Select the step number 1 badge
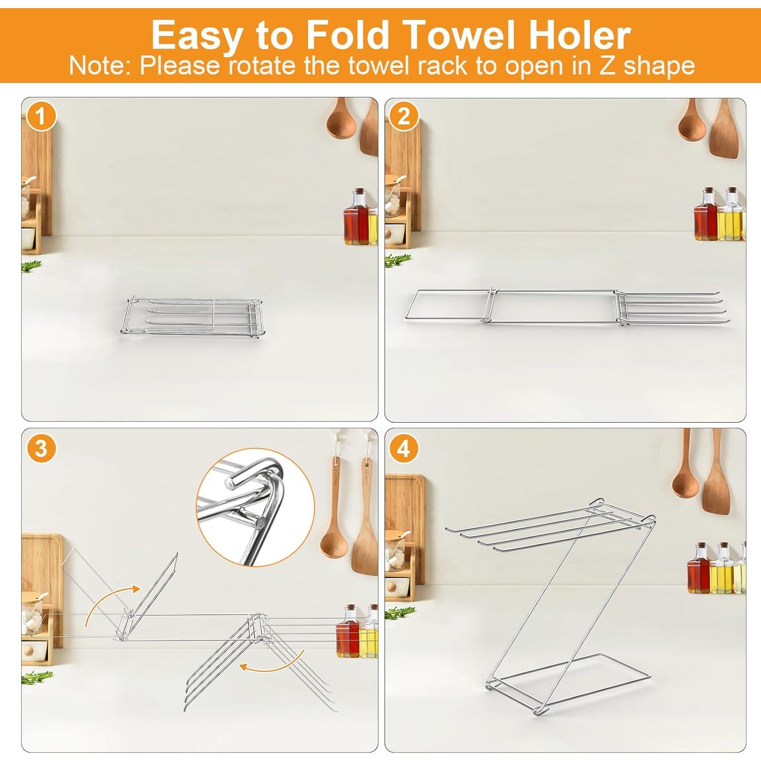(41, 117)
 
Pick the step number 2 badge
(403, 117)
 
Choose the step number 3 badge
(41, 448)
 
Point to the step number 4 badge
(403, 448)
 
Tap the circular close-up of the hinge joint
(255, 506)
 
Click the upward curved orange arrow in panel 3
(109, 604)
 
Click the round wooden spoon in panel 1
(341, 122)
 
